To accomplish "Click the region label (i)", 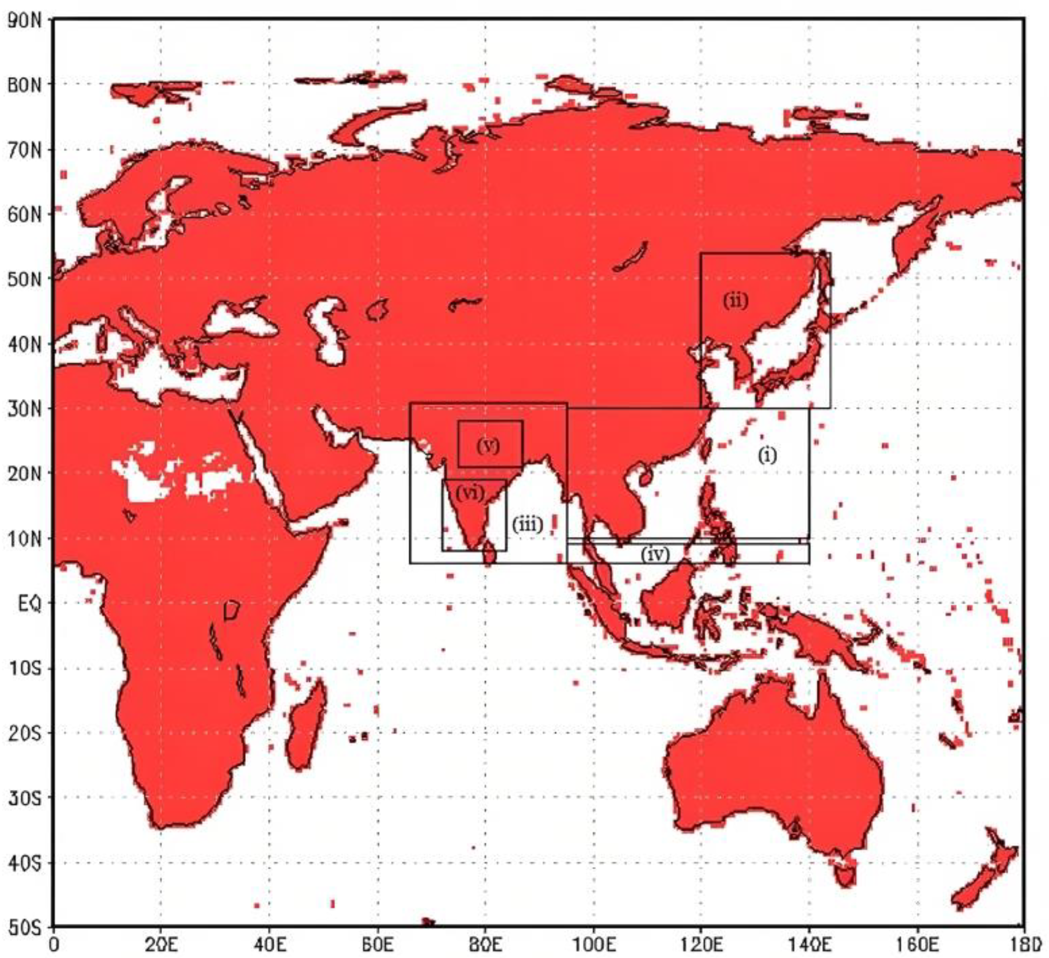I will pyautogui.click(x=767, y=456).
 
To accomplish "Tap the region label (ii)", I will pyautogui.click(x=735, y=301).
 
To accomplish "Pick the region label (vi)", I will pyautogui.click(x=470, y=492).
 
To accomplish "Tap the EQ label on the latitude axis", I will pyautogui.click(x=29, y=604).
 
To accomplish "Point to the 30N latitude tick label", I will pyautogui.click(x=25, y=409).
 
